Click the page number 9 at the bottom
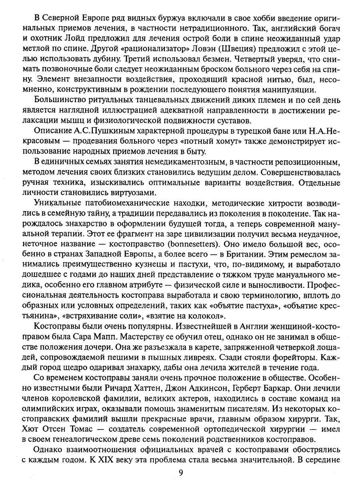pos(181,473)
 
